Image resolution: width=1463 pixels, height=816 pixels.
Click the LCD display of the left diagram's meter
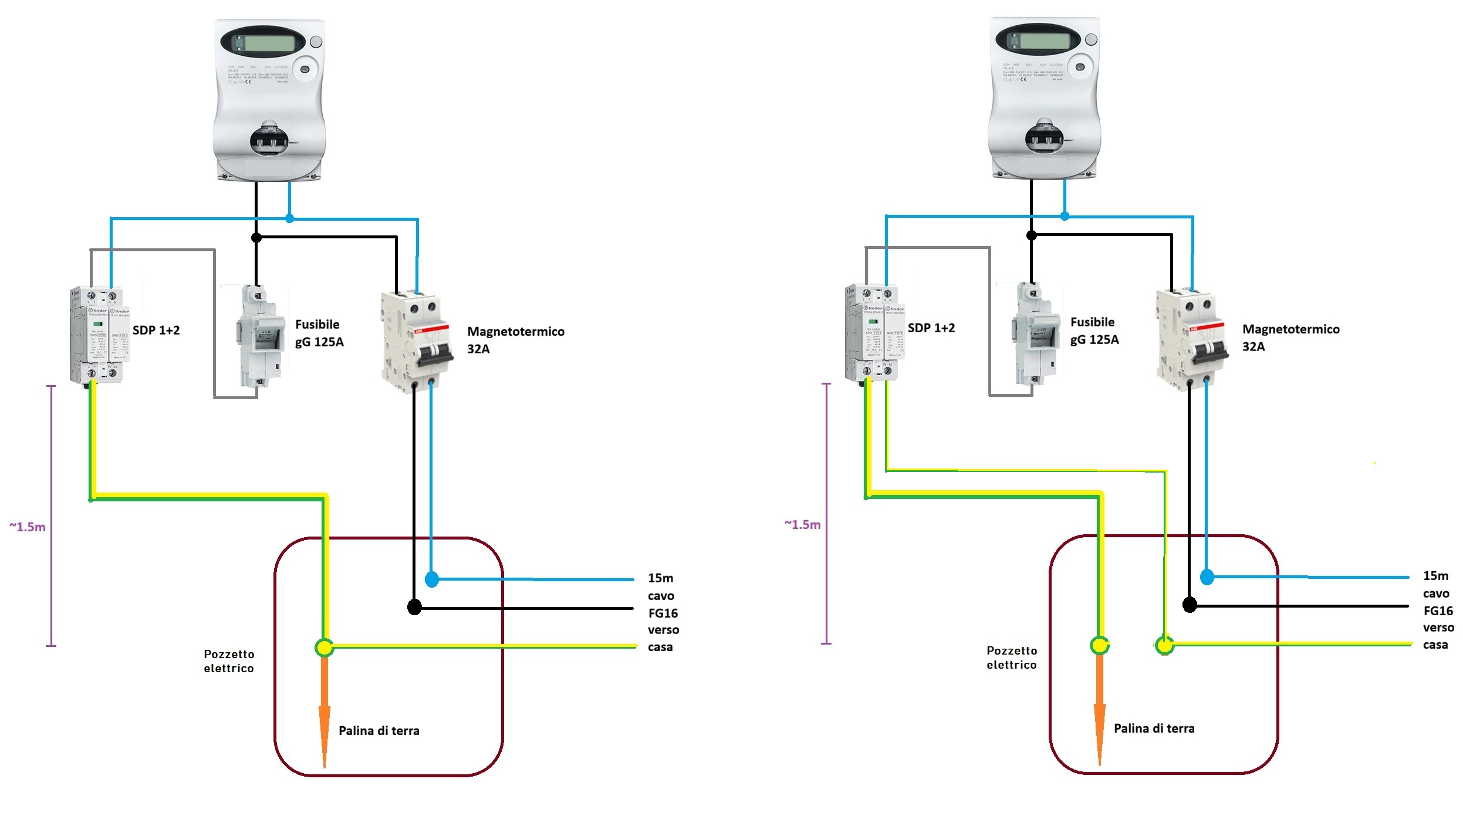[x=269, y=43]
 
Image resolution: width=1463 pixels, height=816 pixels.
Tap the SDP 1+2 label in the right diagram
[x=931, y=328]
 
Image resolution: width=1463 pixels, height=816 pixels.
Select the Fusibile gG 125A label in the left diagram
[x=319, y=333]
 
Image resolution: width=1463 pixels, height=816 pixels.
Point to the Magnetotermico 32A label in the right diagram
[x=1290, y=338]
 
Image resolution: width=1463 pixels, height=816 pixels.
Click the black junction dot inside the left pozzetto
[x=414, y=607]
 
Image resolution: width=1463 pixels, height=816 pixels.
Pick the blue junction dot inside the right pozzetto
[x=1207, y=577]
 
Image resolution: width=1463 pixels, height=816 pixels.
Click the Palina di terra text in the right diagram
[x=1154, y=729]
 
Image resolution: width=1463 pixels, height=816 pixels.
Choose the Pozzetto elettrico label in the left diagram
[x=229, y=661]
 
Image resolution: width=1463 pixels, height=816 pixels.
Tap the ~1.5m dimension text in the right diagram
[x=802, y=525]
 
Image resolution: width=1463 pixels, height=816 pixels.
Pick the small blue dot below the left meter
[x=289, y=218]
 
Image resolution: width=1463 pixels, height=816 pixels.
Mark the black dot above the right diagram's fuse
[x=1031, y=235]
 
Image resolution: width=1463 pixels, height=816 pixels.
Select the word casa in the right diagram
[x=1435, y=645]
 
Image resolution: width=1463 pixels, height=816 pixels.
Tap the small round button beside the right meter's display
[x=1091, y=39]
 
